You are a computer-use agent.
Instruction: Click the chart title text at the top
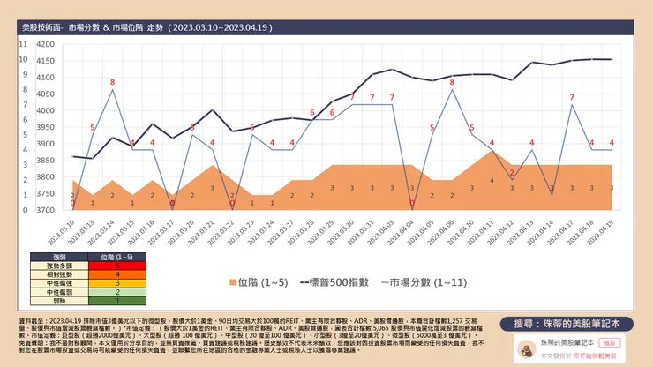tap(146, 28)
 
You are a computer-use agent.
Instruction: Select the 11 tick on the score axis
tap(22, 43)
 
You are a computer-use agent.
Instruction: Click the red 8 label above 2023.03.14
tap(112, 83)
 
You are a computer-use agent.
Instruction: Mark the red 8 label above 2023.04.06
tap(452, 83)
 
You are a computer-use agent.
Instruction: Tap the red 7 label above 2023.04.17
tap(572, 98)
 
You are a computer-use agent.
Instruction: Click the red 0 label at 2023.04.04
tap(412, 204)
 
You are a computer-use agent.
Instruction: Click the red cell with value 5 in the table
tap(117, 265)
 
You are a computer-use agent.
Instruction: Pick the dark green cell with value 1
tap(117, 300)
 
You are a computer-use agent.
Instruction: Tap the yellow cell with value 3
tap(117, 282)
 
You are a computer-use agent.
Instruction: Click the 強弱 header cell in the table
tap(55, 256)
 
